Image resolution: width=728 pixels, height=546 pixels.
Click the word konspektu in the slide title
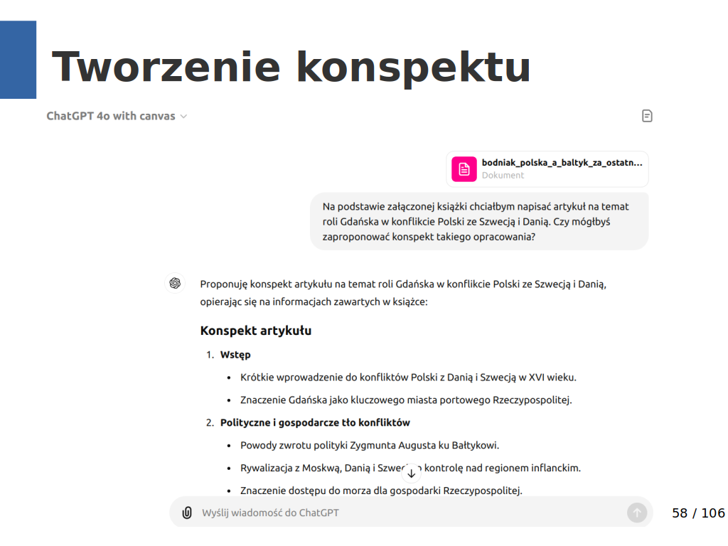413,68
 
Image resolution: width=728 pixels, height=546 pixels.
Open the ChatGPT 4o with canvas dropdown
117,116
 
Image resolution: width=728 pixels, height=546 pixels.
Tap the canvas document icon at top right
647,116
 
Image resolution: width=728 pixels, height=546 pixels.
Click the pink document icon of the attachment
464,168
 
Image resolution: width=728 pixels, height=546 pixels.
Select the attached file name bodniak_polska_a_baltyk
562,162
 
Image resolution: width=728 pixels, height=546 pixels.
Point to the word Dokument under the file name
503,175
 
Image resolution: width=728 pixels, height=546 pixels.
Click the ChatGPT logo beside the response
175,284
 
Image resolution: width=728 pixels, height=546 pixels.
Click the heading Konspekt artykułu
255,331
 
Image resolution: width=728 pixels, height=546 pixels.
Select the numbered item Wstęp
235,355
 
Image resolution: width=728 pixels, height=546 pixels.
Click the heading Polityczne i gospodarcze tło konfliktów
315,422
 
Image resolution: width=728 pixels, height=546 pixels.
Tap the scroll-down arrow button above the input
412,473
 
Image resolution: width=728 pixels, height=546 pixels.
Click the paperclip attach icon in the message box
187,513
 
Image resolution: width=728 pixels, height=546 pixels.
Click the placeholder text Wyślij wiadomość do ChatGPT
270,513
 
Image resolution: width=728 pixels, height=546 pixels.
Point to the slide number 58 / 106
698,513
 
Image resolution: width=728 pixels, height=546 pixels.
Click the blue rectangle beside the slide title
18,60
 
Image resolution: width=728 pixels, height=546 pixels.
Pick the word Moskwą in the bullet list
324,468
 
